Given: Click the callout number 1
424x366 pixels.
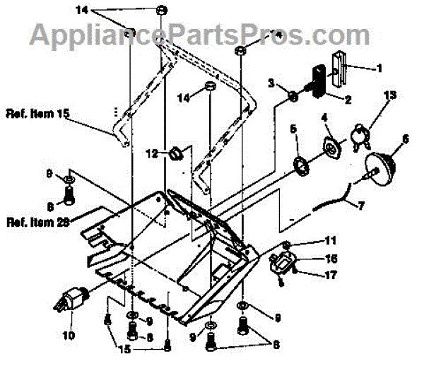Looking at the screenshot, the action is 379,69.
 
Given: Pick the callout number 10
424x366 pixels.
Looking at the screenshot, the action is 69,335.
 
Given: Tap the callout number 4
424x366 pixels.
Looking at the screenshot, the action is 325,117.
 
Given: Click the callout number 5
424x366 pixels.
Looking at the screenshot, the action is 293,129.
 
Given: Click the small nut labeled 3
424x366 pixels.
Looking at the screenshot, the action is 291,94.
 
